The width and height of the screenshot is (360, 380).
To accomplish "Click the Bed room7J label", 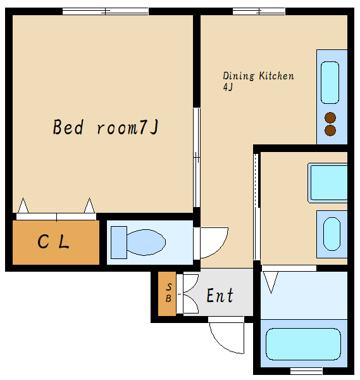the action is click(x=106, y=127).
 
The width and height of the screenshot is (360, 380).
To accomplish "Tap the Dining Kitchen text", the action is click(x=258, y=76).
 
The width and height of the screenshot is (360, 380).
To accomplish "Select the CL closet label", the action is click(x=54, y=241).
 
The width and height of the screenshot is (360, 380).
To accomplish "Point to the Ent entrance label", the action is click(x=220, y=295).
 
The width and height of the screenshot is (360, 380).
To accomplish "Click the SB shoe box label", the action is click(x=168, y=293).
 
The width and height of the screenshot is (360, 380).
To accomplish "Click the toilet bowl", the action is click(x=146, y=243).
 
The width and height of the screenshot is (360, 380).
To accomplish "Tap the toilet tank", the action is click(x=119, y=243).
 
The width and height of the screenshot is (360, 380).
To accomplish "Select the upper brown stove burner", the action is click(x=330, y=118).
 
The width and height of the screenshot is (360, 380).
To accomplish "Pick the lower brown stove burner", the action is click(x=330, y=130).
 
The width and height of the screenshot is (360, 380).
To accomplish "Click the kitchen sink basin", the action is click(x=330, y=82).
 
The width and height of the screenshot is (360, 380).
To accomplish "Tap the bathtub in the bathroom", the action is click(x=303, y=344).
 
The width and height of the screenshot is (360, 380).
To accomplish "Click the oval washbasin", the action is click(x=332, y=234).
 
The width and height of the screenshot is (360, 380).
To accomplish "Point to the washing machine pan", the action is click(x=328, y=183).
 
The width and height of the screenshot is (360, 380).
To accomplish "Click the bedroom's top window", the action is click(x=105, y=11).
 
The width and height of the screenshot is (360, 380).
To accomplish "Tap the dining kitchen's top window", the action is click(x=259, y=11).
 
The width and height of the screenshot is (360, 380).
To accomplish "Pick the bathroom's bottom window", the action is click(x=306, y=371).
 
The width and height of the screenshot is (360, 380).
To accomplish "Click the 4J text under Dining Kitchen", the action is click(x=228, y=87).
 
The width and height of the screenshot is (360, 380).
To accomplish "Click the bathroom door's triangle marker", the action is click(x=271, y=282).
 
